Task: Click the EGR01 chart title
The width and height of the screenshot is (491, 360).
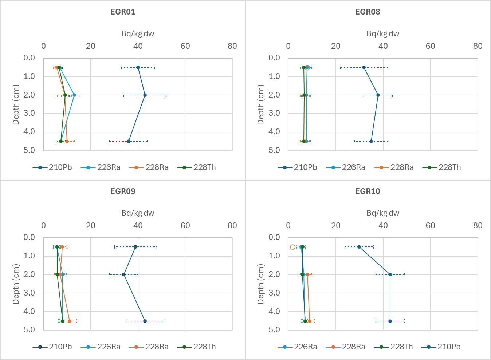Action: (123, 12)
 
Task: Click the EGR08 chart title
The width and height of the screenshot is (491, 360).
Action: (368, 12)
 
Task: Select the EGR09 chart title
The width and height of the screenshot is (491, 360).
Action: (123, 191)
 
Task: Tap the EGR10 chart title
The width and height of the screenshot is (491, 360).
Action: (368, 191)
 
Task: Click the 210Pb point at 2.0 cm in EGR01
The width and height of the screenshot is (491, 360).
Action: (145, 95)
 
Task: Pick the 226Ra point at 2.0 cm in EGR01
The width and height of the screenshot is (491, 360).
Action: (74, 95)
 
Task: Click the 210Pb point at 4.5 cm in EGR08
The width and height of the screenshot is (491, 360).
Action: (371, 141)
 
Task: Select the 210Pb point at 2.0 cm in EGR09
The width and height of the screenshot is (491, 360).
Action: (124, 274)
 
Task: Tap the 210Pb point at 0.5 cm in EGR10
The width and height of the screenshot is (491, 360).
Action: (359, 247)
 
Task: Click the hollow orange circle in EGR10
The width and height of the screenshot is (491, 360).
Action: (292, 247)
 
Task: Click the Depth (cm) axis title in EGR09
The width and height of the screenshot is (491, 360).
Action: (16, 284)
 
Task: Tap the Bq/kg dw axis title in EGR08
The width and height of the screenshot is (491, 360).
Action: (383, 34)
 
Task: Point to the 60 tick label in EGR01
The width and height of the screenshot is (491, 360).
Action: (185, 46)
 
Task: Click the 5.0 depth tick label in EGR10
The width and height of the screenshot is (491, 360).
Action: (274, 330)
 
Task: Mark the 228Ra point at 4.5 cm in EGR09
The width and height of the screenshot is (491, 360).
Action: (70, 321)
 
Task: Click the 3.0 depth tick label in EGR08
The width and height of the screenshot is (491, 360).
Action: (274, 113)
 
